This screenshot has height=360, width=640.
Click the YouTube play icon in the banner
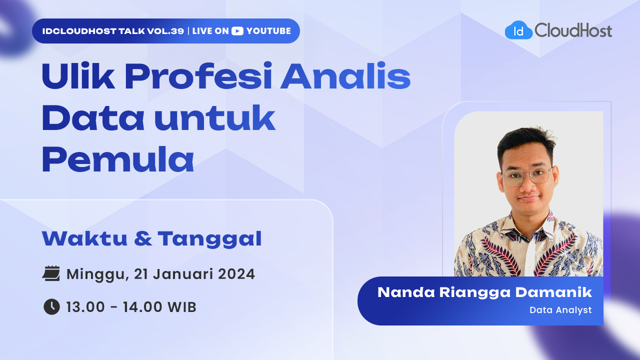pyautogui.click(x=237, y=31)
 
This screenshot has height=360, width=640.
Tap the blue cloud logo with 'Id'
pyautogui.click(x=518, y=30)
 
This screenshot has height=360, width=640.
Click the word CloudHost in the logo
pyautogui.click(x=573, y=30)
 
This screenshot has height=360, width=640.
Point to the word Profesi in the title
pyautogui.click(x=198, y=75)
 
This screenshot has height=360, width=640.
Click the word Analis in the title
pyautogui.click(x=345, y=75)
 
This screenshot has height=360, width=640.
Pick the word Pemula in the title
pyautogui.click(x=118, y=159)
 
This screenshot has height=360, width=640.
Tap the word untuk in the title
pyautogui.click(x=215, y=117)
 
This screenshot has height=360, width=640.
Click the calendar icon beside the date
pyautogui.click(x=51, y=273)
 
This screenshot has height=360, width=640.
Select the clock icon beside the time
pyautogui.click(x=51, y=307)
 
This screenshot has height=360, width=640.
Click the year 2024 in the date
pyautogui.click(x=236, y=274)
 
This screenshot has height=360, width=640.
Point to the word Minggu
pyautogui.click(x=95, y=275)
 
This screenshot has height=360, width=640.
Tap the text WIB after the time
pyautogui.click(x=182, y=307)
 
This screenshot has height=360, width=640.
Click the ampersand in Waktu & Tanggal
pyautogui.click(x=143, y=238)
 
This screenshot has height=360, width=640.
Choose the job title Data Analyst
pyautogui.click(x=560, y=310)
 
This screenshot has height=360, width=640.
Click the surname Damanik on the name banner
pyautogui.click(x=553, y=292)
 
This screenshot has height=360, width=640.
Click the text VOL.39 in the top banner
pyautogui.click(x=165, y=31)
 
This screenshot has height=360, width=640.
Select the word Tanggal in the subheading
pyautogui.click(x=209, y=239)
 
